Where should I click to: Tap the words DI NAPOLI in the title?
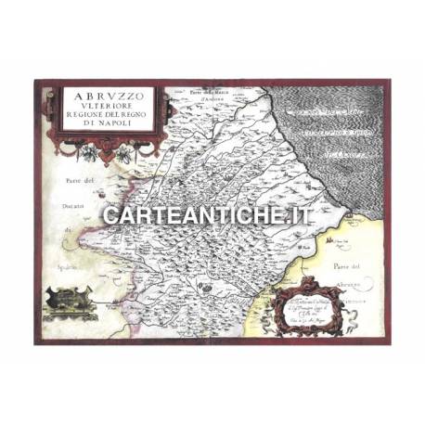coord(109,122)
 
